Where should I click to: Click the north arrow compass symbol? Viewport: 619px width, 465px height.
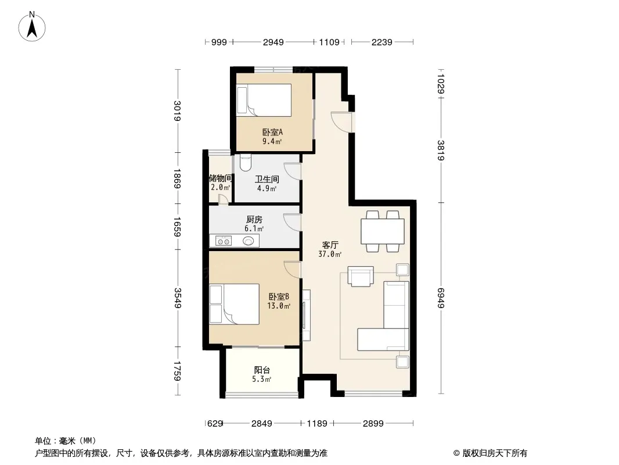point(32,27)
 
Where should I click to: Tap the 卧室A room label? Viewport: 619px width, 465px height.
point(272,132)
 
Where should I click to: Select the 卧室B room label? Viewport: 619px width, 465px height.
point(279,296)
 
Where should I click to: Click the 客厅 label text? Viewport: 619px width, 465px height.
point(330,245)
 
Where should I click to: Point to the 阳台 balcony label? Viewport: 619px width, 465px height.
point(262,370)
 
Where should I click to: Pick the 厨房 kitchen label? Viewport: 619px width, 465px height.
point(254,219)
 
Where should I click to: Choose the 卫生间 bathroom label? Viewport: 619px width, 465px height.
point(267,179)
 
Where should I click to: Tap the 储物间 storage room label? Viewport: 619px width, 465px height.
point(220,178)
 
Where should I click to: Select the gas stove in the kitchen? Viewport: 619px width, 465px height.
point(224,241)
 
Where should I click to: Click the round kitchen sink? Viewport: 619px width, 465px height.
point(249,241)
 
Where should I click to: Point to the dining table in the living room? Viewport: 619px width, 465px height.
point(383,231)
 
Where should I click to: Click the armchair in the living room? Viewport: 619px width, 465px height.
point(361,276)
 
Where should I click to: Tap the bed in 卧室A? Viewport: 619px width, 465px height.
point(264,101)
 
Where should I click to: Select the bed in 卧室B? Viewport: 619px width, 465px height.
point(234,305)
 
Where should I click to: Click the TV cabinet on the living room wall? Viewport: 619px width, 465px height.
point(306,315)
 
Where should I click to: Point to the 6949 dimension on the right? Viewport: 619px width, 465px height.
point(441,298)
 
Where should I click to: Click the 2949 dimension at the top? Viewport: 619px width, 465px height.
point(273,42)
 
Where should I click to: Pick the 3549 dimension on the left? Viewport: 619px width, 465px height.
point(178,298)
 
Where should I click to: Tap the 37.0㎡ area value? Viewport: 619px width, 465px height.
point(330,255)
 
